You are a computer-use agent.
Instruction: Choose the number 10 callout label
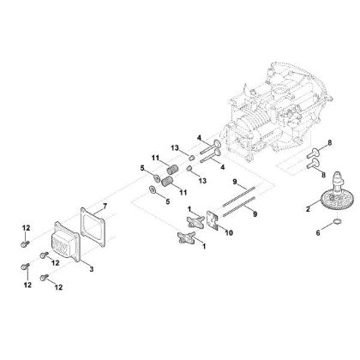point(206,231)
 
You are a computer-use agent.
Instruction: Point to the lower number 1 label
point(203,246)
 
